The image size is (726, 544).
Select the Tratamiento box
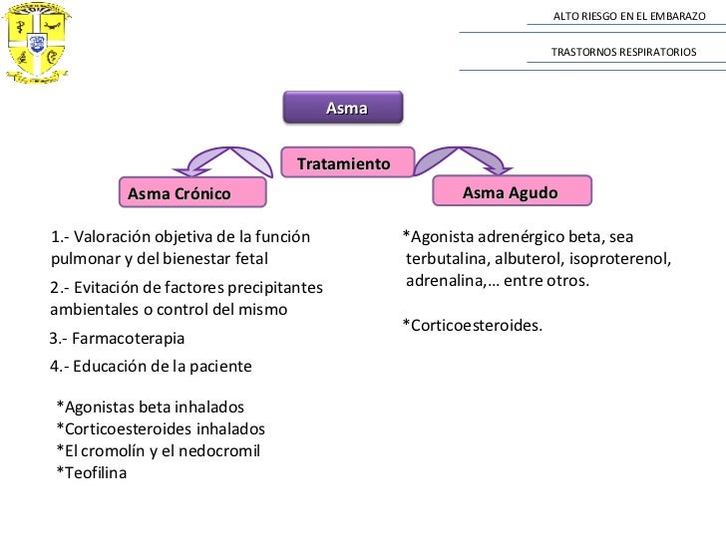pos(343,162)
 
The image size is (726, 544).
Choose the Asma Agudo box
pos(511,191)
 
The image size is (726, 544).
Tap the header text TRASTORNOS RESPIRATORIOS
pos(624,51)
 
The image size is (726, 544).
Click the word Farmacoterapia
pos(129,339)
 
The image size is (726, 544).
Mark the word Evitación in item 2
pos(110,288)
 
